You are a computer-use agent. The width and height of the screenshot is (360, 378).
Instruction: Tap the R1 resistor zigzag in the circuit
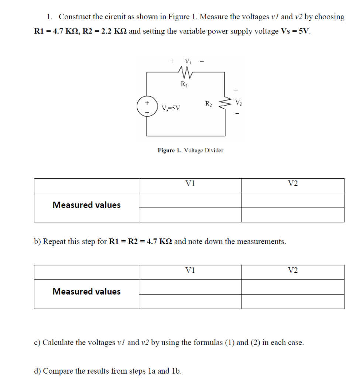(184, 71)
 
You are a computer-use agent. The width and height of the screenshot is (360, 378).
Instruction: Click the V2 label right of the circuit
(239, 102)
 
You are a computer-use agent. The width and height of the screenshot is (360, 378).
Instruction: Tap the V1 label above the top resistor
(188, 61)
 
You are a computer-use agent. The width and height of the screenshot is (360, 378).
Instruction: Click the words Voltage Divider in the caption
(203, 150)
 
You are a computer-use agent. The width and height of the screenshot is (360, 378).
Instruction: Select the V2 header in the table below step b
(292, 271)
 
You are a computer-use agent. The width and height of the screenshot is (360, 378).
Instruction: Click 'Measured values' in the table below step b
(86, 292)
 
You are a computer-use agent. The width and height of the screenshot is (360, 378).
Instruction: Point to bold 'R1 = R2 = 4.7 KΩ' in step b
(141, 242)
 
